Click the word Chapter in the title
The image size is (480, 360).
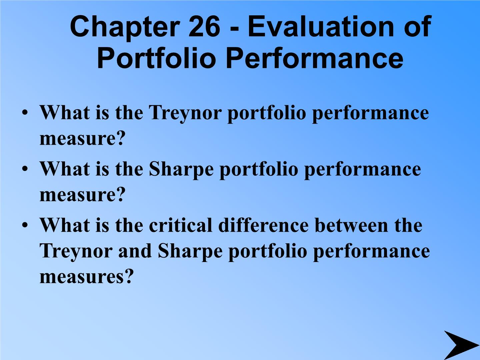[125, 28]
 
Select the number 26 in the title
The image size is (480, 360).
[204, 27]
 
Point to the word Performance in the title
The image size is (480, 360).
[314, 58]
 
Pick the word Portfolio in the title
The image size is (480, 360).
[156, 58]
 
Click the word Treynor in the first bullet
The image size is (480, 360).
[185, 114]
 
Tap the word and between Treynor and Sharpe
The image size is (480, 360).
[135, 251]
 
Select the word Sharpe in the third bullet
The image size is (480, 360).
[190, 252]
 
